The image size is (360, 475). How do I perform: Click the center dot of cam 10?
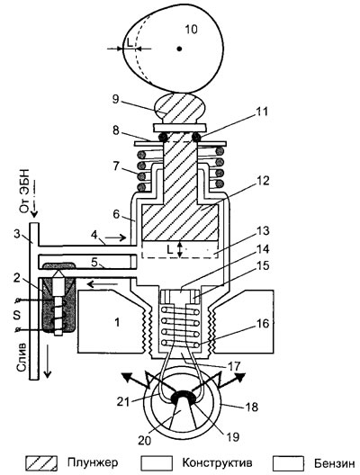179,49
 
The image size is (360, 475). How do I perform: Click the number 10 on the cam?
191,30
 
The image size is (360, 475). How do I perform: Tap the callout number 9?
115,99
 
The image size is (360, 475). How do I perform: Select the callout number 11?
261,112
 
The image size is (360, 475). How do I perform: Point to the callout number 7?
116,167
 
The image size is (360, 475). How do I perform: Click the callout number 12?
263,181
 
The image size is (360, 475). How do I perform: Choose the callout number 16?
263,324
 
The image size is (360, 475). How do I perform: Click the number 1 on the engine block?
117,323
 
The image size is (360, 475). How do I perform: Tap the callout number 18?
251,407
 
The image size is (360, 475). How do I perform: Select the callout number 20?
145,441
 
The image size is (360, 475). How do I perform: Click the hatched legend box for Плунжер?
41,463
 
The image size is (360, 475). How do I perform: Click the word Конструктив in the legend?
217,463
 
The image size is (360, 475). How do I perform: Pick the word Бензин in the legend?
334,463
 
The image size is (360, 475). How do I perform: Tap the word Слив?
22,357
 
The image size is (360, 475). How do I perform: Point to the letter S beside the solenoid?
17,315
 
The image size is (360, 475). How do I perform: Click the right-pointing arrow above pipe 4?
116,237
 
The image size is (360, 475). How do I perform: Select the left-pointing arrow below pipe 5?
102,284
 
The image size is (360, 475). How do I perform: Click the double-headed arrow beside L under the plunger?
180,249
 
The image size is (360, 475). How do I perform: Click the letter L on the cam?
130,43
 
